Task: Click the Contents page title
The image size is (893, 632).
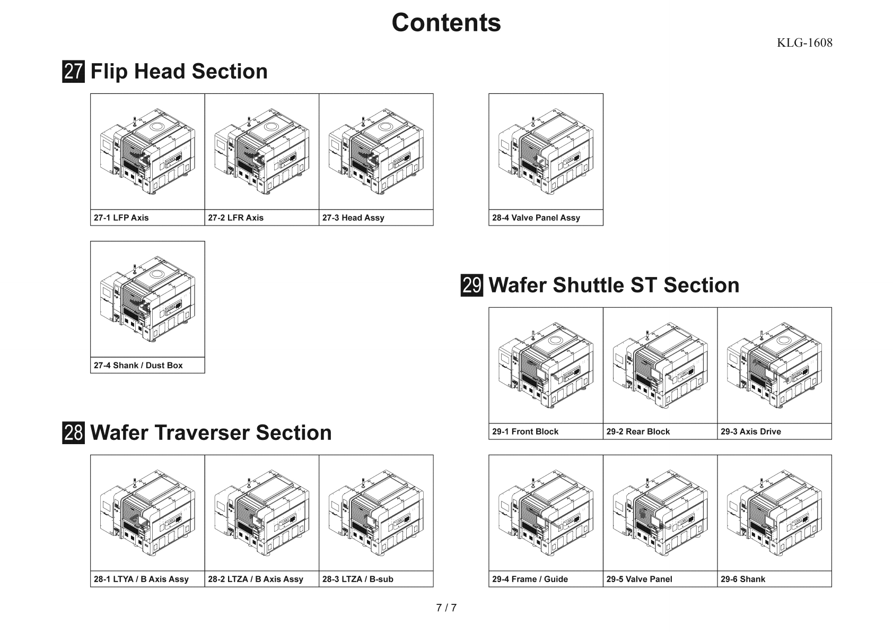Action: tap(446, 23)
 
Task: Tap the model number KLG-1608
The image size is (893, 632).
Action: tap(804, 43)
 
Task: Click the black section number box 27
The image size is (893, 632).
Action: tap(73, 72)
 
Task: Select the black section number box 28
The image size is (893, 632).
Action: tap(73, 432)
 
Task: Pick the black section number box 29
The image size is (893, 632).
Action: tap(471, 285)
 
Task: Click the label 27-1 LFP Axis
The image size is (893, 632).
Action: tap(121, 218)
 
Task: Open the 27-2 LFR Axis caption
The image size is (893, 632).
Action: tap(235, 218)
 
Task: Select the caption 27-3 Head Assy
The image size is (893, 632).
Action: tap(353, 218)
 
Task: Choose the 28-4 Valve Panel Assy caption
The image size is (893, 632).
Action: tap(536, 218)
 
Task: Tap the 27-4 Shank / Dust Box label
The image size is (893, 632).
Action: tap(138, 365)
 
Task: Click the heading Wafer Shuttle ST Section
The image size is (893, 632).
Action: tap(614, 285)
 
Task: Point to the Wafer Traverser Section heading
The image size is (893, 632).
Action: tap(211, 432)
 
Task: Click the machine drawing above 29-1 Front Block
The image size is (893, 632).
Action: tap(546, 365)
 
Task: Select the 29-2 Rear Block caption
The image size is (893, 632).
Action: tap(638, 431)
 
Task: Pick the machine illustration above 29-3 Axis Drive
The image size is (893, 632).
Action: tap(774, 365)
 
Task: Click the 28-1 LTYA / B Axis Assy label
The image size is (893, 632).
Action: tap(141, 579)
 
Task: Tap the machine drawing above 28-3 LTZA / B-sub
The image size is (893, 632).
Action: tap(376, 513)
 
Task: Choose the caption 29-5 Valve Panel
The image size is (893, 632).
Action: tap(639, 579)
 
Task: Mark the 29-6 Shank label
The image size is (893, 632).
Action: tap(742, 579)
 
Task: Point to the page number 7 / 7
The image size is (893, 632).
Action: tap(446, 608)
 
